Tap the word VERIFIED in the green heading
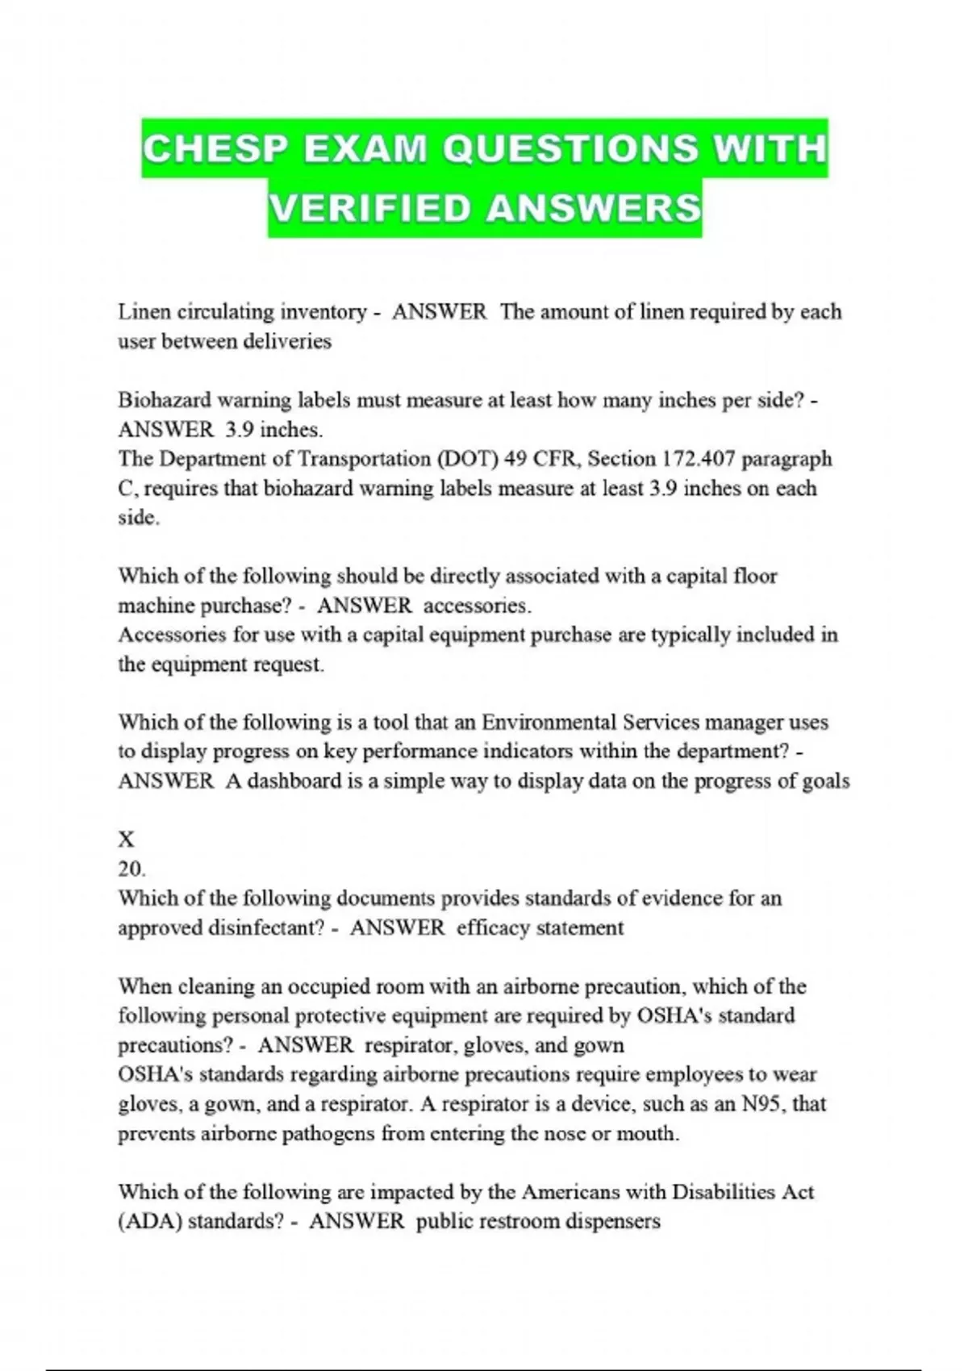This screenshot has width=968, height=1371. click(369, 208)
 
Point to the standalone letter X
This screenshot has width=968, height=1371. click(127, 840)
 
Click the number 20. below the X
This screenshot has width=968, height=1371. click(131, 869)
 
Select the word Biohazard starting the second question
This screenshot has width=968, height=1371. click(165, 400)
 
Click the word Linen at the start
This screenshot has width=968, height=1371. click(144, 312)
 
